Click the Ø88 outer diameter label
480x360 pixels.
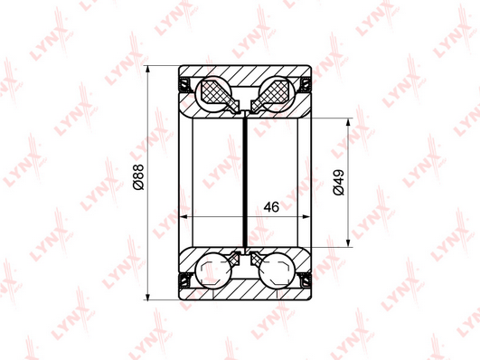point(138,176)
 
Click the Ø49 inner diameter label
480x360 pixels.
point(339,183)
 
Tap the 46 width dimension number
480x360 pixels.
point(271,207)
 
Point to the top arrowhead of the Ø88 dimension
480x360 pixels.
point(148,69)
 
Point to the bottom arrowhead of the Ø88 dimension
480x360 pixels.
point(148,297)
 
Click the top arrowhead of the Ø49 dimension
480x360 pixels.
point(348,121)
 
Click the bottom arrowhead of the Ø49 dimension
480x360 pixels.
point(348,243)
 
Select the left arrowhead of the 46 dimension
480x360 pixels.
point(183,217)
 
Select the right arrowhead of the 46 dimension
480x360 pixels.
point(306,217)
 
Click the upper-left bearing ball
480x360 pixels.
point(213,94)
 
